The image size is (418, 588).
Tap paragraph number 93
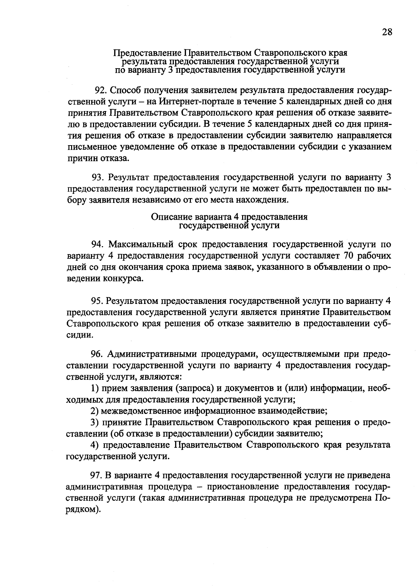[98, 178]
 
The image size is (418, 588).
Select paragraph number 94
[97, 245]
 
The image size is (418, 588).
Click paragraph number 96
[97, 354]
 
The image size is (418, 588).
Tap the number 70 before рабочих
[348, 256]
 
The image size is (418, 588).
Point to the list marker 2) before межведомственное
[95, 411]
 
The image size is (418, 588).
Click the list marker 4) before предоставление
[95, 445]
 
